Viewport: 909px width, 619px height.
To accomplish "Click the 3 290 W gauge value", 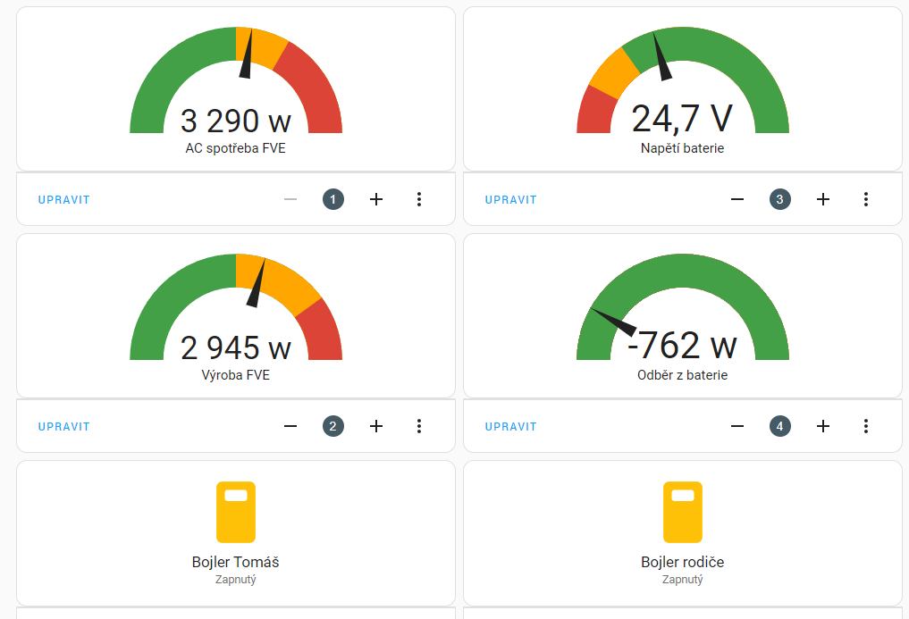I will (235, 121).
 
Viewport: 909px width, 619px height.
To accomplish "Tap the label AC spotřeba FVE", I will (235, 148).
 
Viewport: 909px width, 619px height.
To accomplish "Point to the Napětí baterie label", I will (682, 148).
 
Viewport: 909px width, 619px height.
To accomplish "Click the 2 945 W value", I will (235, 347).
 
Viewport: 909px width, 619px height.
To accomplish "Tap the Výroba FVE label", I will (235, 375).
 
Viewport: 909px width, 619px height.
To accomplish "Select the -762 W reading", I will (682, 346).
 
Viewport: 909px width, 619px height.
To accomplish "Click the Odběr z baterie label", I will (682, 375).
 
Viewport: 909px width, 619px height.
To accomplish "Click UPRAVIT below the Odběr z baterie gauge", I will (510, 427).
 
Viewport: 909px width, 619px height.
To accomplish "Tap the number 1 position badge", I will (332, 199).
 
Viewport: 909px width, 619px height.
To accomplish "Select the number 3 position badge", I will (779, 199).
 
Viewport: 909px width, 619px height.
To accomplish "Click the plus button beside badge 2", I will (376, 426).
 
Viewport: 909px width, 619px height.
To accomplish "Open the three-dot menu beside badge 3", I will (865, 199).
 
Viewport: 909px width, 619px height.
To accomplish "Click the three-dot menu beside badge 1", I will (418, 199).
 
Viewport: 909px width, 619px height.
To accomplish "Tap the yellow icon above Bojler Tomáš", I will (235, 512).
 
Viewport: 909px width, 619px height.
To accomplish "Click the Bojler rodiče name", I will (682, 562).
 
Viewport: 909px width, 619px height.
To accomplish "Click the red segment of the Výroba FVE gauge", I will (323, 330).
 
